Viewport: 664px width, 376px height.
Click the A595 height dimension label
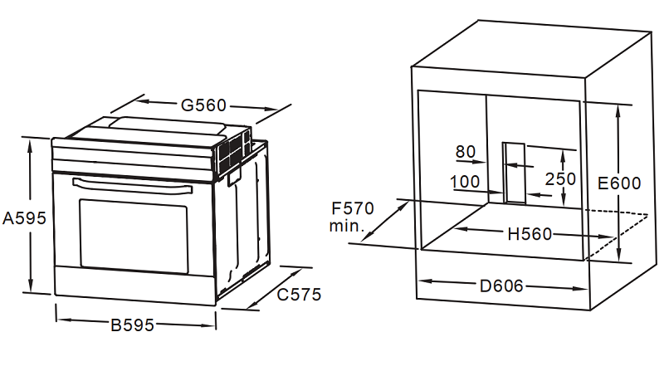(x=24, y=218)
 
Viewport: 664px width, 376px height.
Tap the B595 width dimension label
(x=132, y=325)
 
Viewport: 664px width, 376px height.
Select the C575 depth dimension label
(x=299, y=295)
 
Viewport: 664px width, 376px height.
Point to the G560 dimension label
(x=203, y=105)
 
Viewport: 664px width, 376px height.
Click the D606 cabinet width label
(x=501, y=286)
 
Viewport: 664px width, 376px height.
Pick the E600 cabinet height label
(x=619, y=183)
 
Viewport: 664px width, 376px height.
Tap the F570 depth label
(x=353, y=208)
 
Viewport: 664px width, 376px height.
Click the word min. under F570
(x=347, y=226)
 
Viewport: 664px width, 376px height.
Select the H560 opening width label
(x=530, y=234)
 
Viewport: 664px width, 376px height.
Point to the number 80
(x=466, y=152)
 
